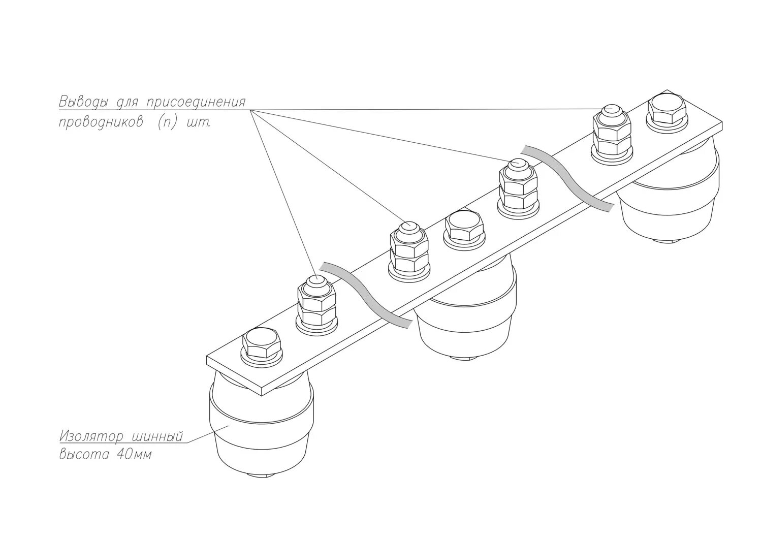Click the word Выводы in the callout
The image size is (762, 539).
click(x=83, y=102)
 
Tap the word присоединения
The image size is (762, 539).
click(x=196, y=102)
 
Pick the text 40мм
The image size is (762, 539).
click(x=134, y=454)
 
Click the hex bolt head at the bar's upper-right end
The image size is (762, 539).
click(x=666, y=109)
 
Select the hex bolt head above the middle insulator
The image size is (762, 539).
click(x=463, y=227)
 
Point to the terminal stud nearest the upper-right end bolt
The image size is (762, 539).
click(x=612, y=131)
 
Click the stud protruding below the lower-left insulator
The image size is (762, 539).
click(x=262, y=475)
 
